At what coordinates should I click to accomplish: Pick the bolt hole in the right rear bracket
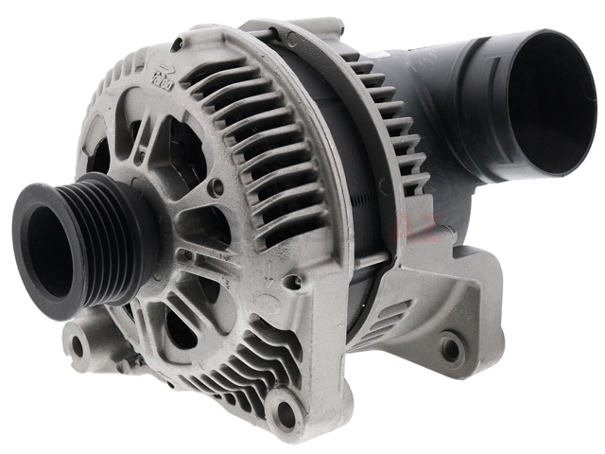451,350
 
